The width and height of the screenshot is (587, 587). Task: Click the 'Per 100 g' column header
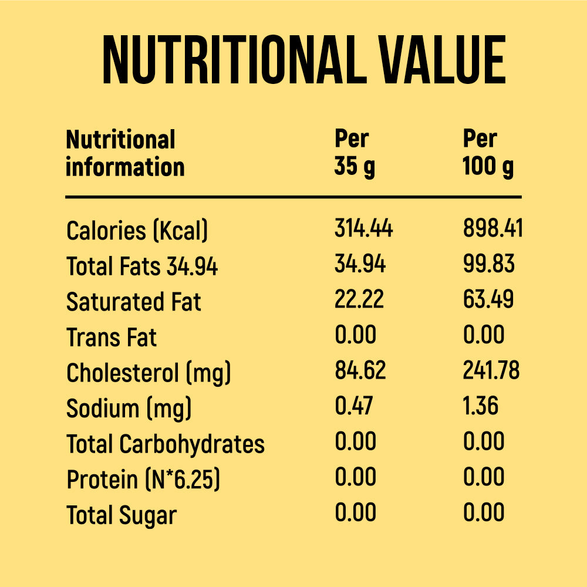coord(487,153)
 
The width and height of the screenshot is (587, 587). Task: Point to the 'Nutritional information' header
coord(124,153)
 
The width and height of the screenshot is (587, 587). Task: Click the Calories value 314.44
coord(363,228)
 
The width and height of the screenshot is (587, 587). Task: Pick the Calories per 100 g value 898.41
coord(492,228)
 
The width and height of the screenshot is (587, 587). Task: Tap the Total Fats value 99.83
coord(488,264)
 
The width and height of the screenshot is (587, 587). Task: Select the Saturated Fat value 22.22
coord(359,299)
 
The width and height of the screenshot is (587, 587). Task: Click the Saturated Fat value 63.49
coord(488,299)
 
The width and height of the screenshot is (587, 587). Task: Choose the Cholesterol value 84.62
coord(360,370)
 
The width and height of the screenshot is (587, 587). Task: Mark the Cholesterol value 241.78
coord(491,370)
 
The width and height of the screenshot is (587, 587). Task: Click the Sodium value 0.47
coord(353,406)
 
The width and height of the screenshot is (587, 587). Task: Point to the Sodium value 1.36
coord(481,406)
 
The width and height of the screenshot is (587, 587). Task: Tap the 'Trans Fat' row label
coord(112,338)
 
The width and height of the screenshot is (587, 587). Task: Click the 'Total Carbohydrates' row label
coord(165,444)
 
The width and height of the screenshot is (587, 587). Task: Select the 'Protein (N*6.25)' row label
coord(143,480)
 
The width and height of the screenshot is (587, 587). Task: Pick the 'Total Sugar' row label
coord(121,515)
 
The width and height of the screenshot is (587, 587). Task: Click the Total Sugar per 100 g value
coord(484,512)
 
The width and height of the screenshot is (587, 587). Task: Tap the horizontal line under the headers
coord(293,197)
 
